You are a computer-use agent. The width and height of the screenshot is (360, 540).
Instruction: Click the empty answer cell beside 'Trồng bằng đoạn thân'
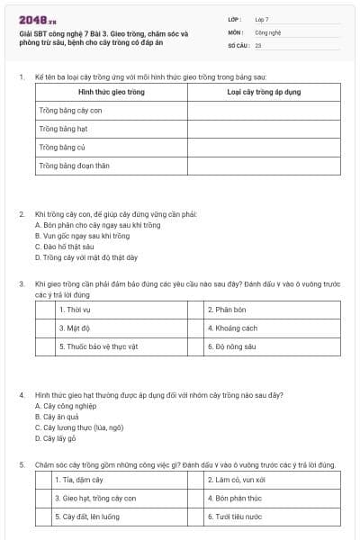click(x=265, y=166)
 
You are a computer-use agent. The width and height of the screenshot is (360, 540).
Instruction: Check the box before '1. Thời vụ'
click(x=45, y=310)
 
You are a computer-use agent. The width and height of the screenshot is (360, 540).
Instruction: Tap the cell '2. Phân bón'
click(x=226, y=310)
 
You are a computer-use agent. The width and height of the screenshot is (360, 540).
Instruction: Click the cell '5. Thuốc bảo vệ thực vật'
click(x=98, y=346)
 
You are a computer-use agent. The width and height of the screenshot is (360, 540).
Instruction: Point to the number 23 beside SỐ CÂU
click(x=258, y=44)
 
